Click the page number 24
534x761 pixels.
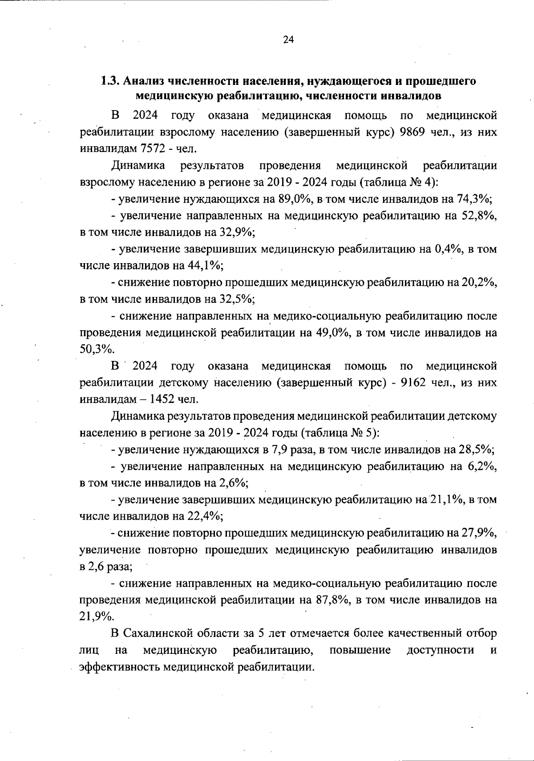tap(288, 40)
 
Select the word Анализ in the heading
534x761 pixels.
tap(142, 81)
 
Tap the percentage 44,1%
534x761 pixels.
tap(204, 266)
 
